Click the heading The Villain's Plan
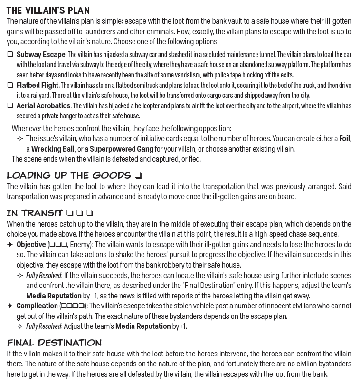[x=48, y=10]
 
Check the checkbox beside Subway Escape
[x=10, y=55]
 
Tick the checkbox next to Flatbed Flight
[x=10, y=86]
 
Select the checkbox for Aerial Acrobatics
[x=10, y=106]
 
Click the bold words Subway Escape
[x=41, y=55]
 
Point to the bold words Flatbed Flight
[x=38, y=86]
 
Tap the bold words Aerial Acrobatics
[x=44, y=106]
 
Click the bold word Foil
[x=344, y=139]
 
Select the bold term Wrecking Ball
[x=53, y=149]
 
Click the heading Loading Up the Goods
[x=69, y=175]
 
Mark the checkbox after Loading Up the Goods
[x=138, y=175]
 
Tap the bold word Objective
[x=31, y=245]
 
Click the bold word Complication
[x=37, y=306]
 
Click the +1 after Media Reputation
[x=183, y=326]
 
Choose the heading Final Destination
[x=54, y=342]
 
